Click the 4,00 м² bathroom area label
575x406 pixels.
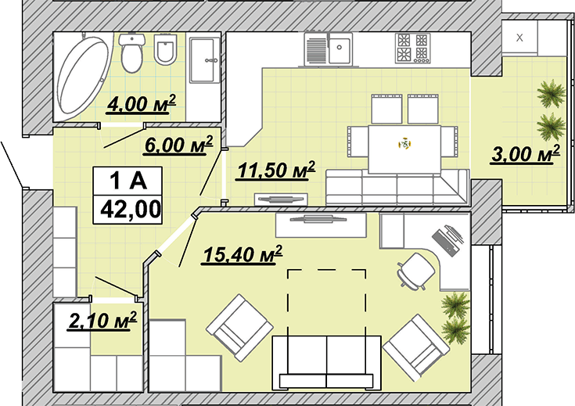click(141, 103)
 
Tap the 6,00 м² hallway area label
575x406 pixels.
click(178, 145)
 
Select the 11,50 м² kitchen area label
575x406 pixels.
click(276, 171)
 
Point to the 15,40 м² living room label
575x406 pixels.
click(243, 254)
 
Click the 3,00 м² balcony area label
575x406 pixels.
click(525, 153)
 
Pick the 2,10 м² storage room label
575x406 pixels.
click(102, 321)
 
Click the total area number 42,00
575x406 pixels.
click(131, 210)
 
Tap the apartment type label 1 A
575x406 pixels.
click(128, 181)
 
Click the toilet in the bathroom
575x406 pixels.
click(132, 53)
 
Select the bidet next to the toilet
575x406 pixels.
click(165, 50)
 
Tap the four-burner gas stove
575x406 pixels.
click(412, 48)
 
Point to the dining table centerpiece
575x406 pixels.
click(404, 144)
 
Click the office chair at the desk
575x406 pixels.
click(415, 271)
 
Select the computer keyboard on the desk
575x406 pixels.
click(445, 243)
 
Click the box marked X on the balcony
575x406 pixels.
click(519, 38)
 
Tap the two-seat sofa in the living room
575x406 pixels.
click(326, 363)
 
